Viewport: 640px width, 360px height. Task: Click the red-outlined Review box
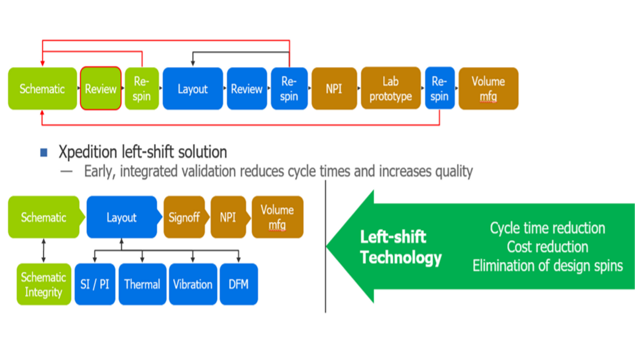click(101, 89)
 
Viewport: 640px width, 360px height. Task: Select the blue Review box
click(246, 89)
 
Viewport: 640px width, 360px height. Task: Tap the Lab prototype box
click(390, 89)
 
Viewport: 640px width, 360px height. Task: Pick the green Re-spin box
click(141, 89)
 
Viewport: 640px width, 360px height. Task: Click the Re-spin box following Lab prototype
click(439, 89)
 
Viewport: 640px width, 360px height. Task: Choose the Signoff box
click(183, 217)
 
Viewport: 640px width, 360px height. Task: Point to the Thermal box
click(143, 284)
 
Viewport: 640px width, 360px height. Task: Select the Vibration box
click(192, 284)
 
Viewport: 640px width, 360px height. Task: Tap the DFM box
click(238, 284)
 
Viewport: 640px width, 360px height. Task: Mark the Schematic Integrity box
click(43, 284)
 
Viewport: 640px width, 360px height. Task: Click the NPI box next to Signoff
click(227, 217)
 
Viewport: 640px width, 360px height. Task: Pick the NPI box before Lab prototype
click(332, 89)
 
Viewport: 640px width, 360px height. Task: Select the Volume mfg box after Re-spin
click(488, 89)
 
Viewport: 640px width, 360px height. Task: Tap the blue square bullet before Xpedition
click(43, 153)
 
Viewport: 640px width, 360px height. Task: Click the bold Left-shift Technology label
click(400, 248)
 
